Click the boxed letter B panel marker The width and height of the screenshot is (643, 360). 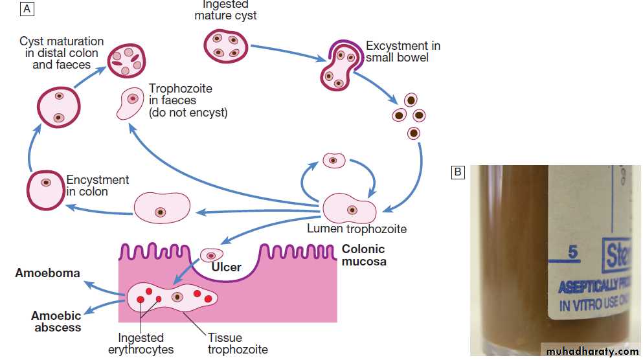458,172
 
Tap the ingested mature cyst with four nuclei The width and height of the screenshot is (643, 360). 225,45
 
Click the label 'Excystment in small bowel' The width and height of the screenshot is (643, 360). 402,52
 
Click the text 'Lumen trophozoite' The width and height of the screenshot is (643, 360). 366,229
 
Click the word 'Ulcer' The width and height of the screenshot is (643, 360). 226,267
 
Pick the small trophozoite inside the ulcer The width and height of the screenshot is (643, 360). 211,255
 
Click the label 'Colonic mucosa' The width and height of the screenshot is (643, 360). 363,255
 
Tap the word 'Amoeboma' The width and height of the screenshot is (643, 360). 48,273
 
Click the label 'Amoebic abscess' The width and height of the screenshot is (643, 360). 56,321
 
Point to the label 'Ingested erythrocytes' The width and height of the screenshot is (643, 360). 146,343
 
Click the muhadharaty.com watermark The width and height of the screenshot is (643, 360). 592,351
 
